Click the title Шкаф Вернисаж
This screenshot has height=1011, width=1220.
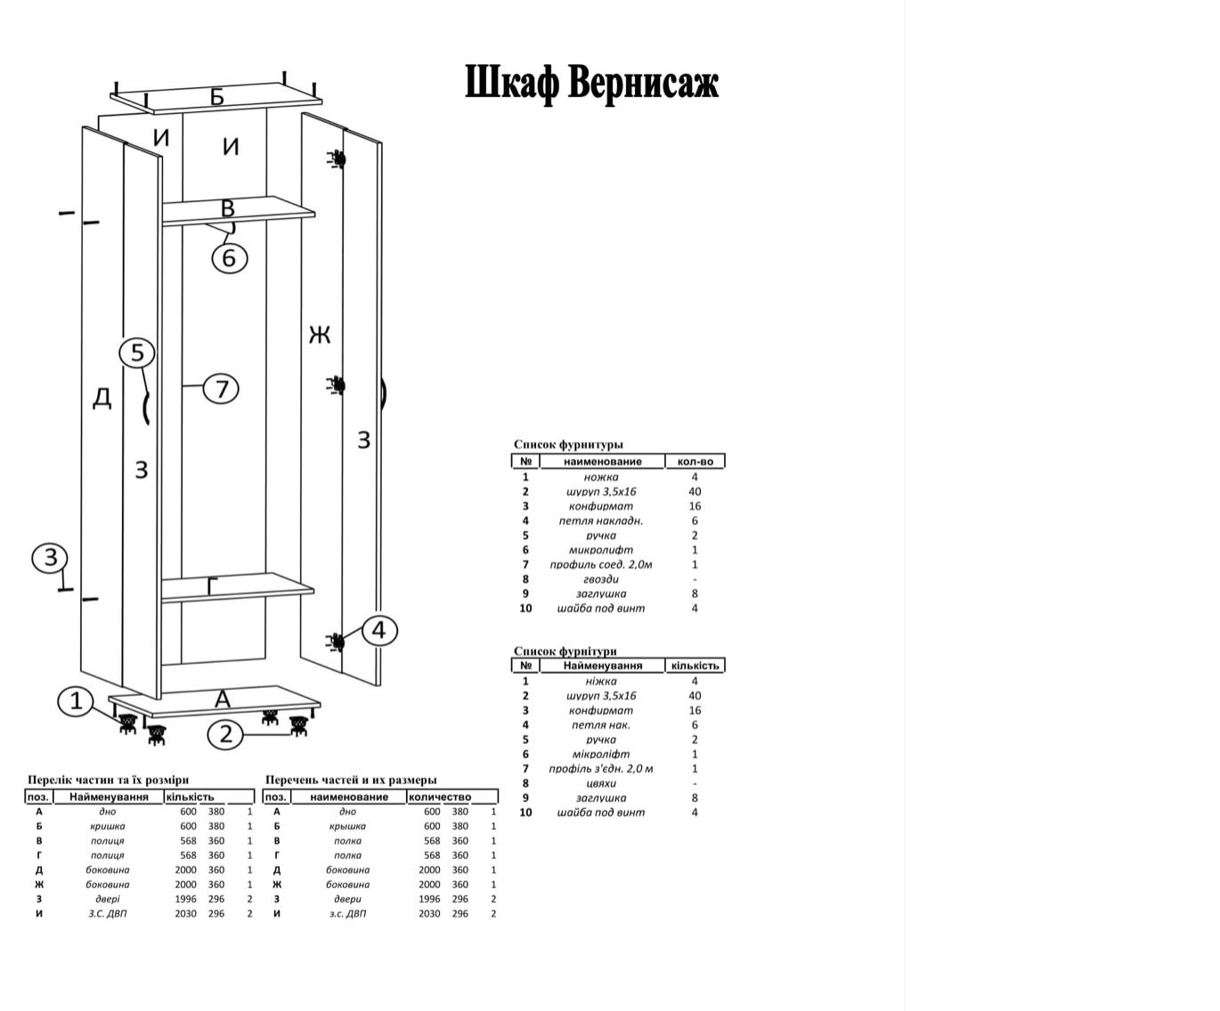click(x=591, y=83)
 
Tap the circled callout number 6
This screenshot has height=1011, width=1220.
click(x=229, y=258)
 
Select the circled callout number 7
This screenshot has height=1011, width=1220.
click(x=222, y=389)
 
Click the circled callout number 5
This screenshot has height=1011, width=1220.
click(x=137, y=353)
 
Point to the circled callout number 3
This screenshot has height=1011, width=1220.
click(x=50, y=558)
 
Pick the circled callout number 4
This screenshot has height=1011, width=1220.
click(x=379, y=631)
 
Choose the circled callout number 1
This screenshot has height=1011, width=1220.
click(x=76, y=701)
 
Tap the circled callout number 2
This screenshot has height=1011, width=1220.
click(x=225, y=734)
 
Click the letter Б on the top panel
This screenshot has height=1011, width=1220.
click(x=217, y=97)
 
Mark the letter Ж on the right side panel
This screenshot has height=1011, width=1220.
click(x=320, y=335)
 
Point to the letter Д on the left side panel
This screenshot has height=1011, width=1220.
click(x=102, y=398)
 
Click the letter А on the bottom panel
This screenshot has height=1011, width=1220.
click(x=223, y=700)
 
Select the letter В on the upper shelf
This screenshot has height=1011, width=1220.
click(x=228, y=208)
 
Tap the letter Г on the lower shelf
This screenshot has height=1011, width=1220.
click(x=212, y=586)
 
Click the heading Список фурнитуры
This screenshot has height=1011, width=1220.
click(x=568, y=444)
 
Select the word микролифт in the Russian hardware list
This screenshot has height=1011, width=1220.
click(x=601, y=550)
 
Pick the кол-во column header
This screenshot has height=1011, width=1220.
click(x=695, y=461)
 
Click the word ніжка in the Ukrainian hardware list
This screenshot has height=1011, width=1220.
click(x=601, y=681)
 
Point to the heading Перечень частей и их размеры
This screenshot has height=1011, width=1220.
click(x=351, y=780)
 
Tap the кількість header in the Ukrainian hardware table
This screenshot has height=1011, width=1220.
click(x=695, y=666)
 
